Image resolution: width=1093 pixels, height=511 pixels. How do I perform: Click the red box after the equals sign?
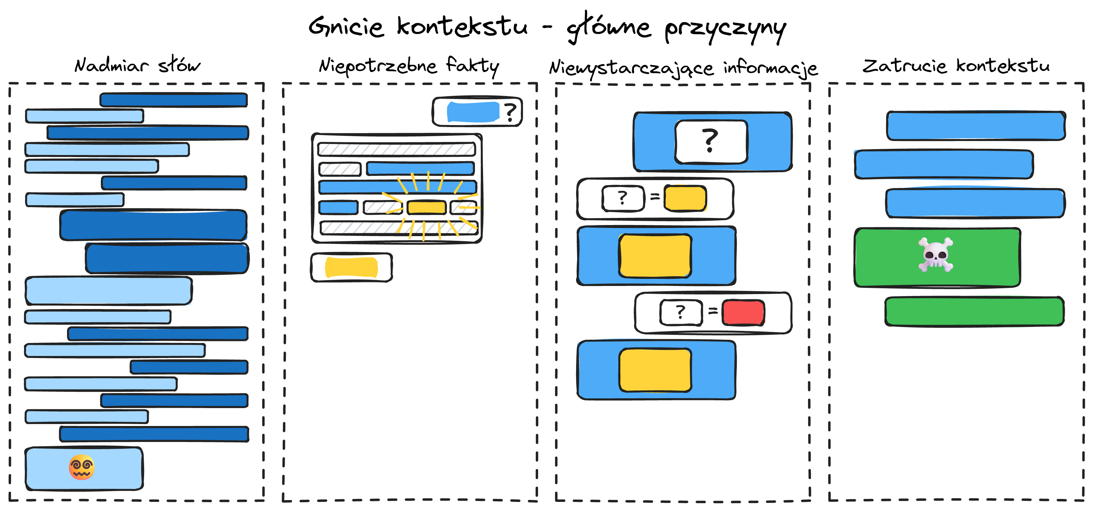(x=743, y=313)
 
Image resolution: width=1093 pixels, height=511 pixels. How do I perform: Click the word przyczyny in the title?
(x=725, y=29)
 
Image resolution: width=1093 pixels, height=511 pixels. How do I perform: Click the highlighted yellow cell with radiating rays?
(x=426, y=207)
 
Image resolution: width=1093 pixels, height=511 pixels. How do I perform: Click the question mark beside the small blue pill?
(x=510, y=112)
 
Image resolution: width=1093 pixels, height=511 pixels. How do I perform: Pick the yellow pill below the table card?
(x=351, y=267)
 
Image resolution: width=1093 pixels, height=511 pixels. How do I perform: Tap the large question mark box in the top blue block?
(x=711, y=141)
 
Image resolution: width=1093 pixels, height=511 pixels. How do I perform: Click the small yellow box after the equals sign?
(x=685, y=198)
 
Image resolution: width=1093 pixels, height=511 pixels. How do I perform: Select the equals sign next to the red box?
(x=713, y=311)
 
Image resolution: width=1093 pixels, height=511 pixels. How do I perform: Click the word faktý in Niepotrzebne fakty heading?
(x=472, y=66)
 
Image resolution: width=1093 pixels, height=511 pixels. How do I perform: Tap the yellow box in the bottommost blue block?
(x=655, y=370)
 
